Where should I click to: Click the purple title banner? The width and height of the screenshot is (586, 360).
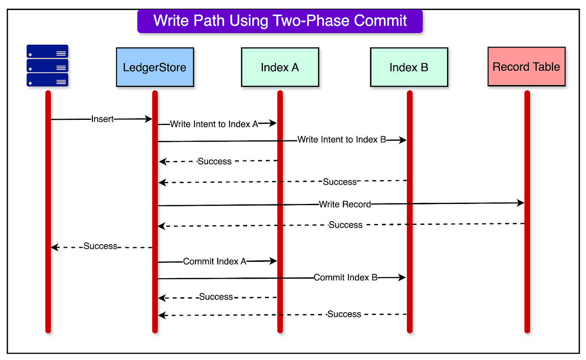click(x=280, y=21)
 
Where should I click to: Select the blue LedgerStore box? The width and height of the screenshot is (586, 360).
click(x=155, y=67)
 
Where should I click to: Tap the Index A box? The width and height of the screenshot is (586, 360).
click(x=280, y=67)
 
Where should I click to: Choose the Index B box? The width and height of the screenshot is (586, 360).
click(x=409, y=67)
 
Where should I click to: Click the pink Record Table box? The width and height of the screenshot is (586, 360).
click(x=526, y=67)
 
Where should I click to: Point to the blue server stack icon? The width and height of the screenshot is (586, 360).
click(x=47, y=66)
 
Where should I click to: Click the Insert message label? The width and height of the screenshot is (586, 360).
click(x=103, y=119)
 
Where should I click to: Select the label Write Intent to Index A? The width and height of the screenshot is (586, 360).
click(x=214, y=124)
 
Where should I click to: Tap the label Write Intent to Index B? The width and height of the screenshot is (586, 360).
click(x=342, y=140)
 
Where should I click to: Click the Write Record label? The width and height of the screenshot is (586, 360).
click(x=345, y=204)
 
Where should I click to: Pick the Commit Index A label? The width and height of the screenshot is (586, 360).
click(x=215, y=261)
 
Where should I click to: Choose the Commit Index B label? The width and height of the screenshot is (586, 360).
click(x=345, y=278)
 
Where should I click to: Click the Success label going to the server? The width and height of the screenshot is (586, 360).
click(x=101, y=246)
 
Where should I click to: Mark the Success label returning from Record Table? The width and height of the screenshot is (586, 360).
click(x=345, y=225)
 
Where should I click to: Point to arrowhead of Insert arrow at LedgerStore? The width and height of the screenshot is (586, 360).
click(x=149, y=119)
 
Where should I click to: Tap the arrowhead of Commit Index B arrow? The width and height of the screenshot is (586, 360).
click(x=402, y=277)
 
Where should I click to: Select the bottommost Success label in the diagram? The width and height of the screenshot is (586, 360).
click(x=344, y=314)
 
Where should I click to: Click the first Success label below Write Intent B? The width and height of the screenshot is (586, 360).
click(x=215, y=161)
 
